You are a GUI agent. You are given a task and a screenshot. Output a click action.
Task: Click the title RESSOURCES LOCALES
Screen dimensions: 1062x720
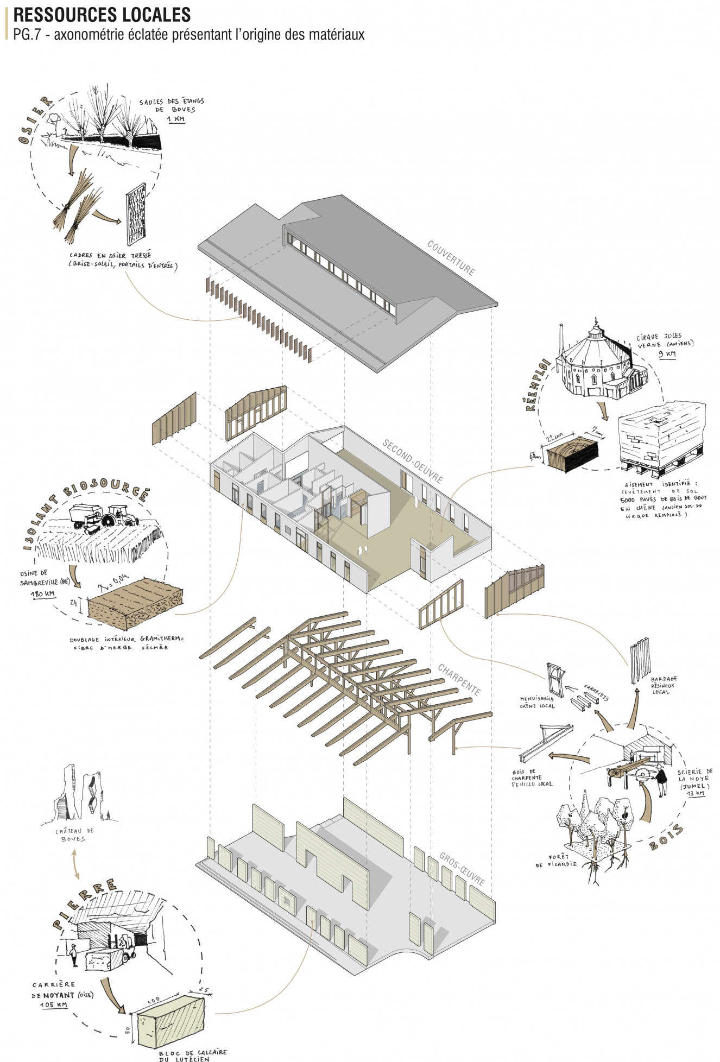(102, 14)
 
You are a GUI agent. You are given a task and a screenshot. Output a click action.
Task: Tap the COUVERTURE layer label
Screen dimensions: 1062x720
(451, 257)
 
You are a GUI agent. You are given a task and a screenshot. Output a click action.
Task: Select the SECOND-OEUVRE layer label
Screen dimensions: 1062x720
(413, 461)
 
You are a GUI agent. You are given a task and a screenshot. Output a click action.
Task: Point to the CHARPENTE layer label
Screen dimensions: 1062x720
(459, 679)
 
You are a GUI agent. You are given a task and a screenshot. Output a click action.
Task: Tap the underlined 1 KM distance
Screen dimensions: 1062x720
(175, 118)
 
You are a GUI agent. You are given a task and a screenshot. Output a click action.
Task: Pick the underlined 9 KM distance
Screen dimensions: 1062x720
(667, 353)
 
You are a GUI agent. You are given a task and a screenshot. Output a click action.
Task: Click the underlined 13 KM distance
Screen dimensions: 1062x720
(696, 793)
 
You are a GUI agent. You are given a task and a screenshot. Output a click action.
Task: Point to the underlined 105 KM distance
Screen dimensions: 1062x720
(54, 1005)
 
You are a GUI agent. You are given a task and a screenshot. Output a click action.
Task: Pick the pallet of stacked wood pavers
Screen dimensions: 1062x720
(661, 437)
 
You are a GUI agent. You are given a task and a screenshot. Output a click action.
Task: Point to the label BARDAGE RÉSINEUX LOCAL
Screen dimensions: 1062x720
(664, 685)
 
